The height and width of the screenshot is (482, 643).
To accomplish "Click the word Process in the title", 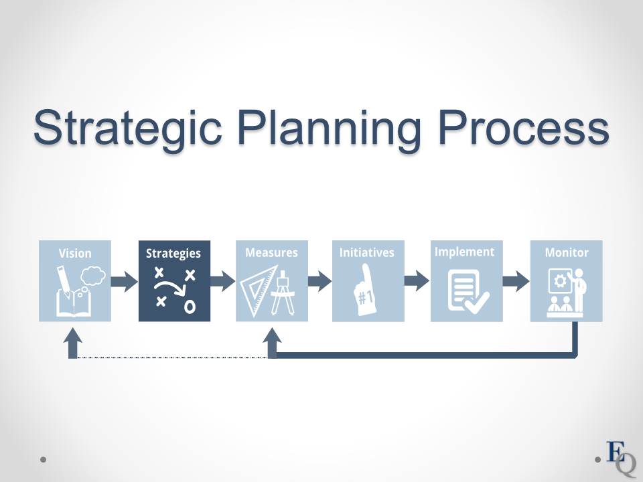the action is pos(524,127).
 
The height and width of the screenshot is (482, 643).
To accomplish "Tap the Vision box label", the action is pos(75,253).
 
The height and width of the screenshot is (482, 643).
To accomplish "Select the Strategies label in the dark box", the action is pos(173,254).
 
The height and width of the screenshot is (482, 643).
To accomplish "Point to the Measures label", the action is pos(271,252).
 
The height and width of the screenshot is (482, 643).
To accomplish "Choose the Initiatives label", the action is pos(367,252).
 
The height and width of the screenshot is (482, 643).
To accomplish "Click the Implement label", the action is pos(465,252).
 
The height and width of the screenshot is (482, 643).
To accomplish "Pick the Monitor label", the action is pos(567,252).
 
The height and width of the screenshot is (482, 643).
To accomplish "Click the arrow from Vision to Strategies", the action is pos(125,282).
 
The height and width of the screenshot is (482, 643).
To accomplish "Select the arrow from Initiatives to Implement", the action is pos(417,280).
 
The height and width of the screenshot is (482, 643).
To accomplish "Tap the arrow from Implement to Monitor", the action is pos(516,281).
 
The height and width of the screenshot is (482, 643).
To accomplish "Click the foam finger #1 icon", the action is pos(364,289).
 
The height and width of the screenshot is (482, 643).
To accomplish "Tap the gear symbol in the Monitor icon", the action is pos(560,280).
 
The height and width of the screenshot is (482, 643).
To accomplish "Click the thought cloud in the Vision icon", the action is pos(92,276).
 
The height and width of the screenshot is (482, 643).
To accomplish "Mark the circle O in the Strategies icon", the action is pos(190,307).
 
